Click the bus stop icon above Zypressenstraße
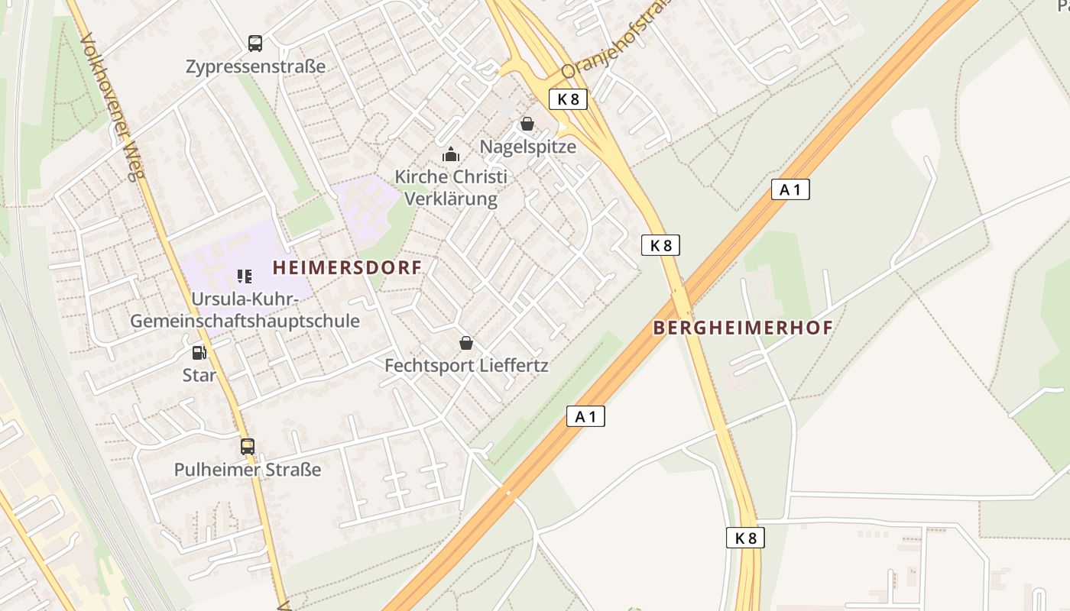click(x=255, y=44)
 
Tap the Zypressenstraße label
click(x=255, y=66)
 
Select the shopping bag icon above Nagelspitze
click(x=527, y=124)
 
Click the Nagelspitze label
click(x=528, y=146)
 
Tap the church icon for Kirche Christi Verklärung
click(x=451, y=155)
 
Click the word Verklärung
click(x=450, y=199)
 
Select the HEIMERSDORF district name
click(x=347, y=268)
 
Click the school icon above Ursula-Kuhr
click(x=245, y=276)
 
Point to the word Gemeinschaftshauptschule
click(x=245, y=321)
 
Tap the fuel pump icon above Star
click(x=199, y=353)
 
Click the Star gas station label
click(x=199, y=375)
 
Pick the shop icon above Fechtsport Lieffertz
click(x=466, y=343)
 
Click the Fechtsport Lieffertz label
click(x=466, y=365)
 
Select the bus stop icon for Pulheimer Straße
click(x=248, y=447)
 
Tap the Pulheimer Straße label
click(x=248, y=469)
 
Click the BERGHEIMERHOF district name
click(x=742, y=328)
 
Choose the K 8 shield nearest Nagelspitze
click(x=568, y=99)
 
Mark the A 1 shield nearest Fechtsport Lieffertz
click(x=585, y=416)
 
